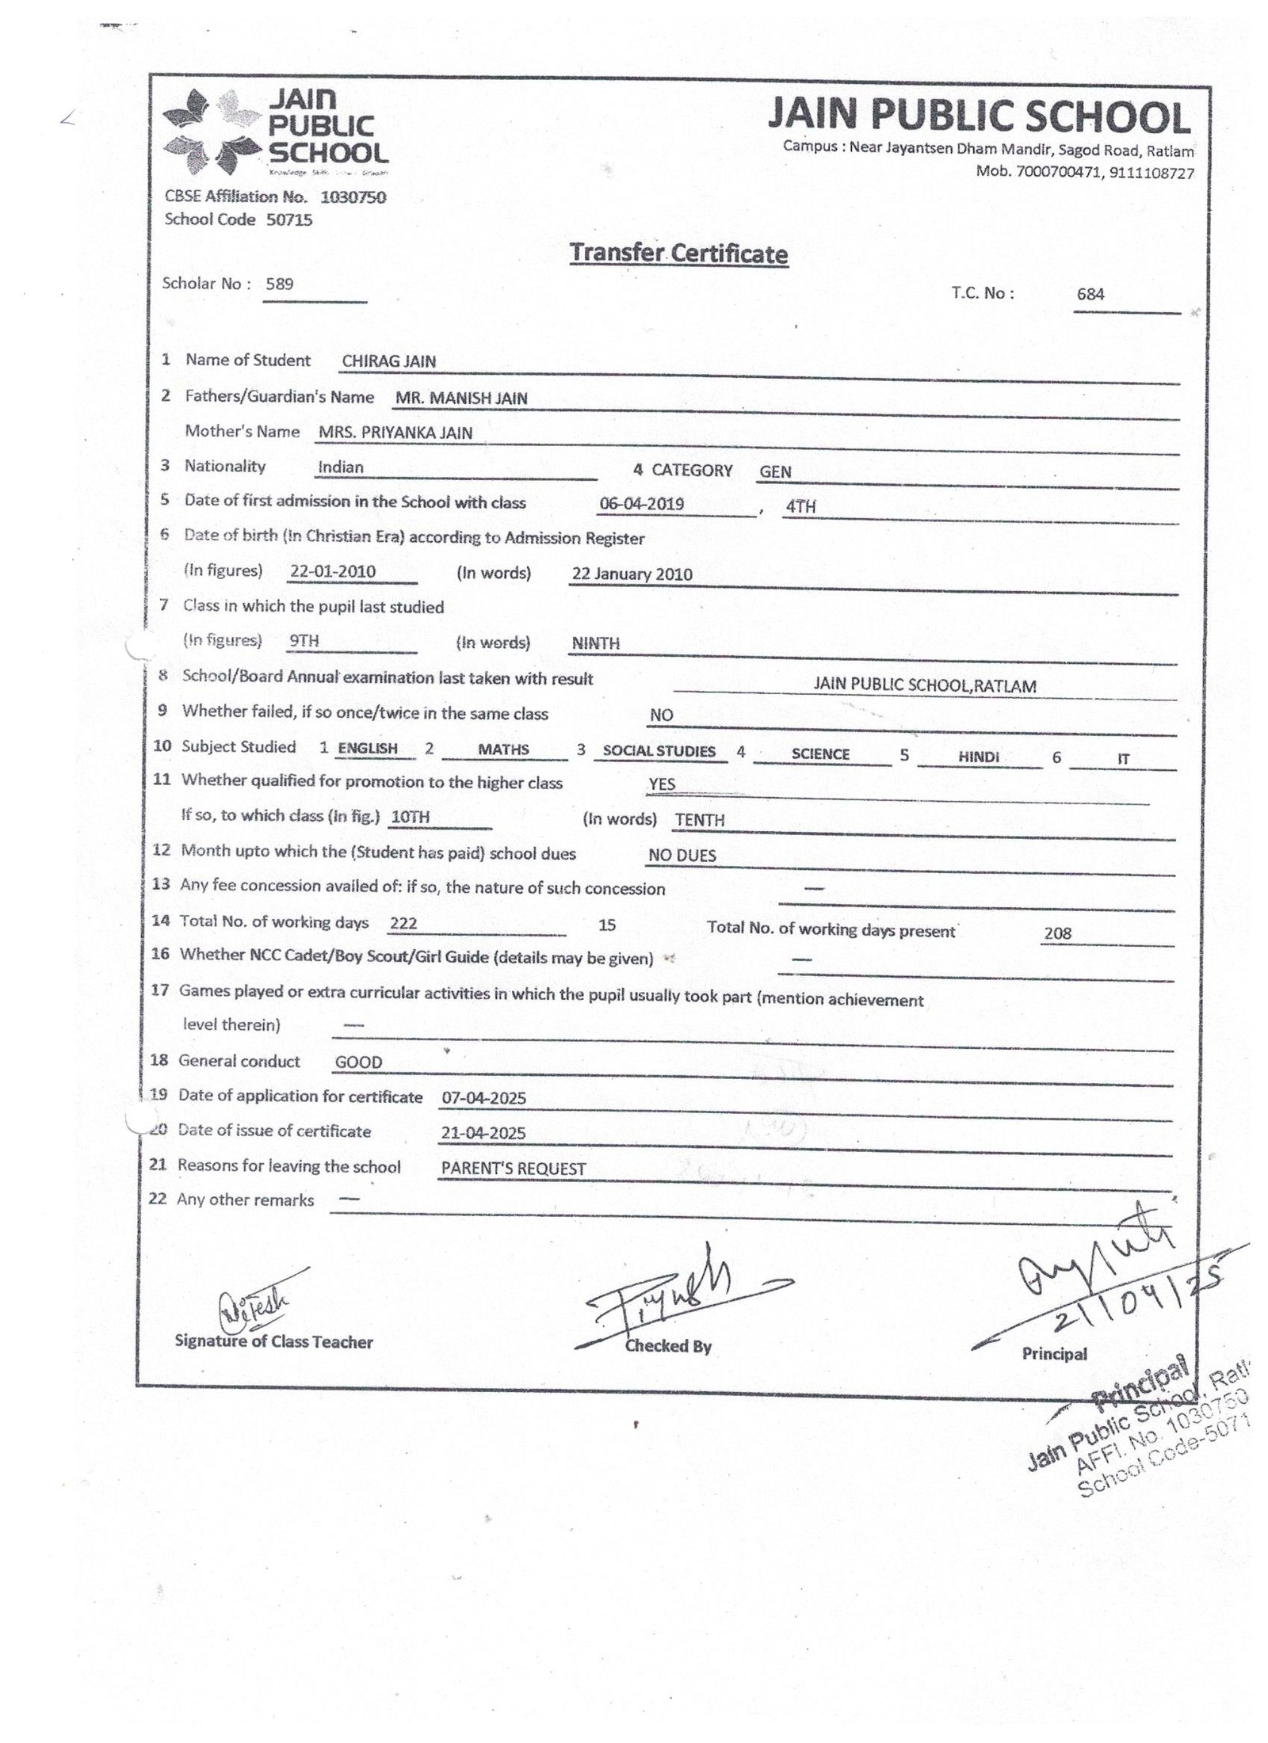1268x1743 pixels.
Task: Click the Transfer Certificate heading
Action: pos(678,254)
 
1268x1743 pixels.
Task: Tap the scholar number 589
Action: pos(280,284)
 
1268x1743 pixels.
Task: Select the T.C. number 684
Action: pos(1090,294)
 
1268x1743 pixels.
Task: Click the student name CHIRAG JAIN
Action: pos(388,361)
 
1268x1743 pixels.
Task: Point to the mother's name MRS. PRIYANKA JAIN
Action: pos(395,433)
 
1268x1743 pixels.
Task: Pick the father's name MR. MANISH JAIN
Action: pos(461,398)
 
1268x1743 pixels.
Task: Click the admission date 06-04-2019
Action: pos(642,505)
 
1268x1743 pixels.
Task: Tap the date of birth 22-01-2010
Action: pos(333,571)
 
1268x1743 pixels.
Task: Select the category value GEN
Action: pos(775,471)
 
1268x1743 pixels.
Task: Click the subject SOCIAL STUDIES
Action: pos(659,751)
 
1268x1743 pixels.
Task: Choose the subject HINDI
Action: pos(978,757)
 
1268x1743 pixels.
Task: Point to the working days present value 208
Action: pos(1057,933)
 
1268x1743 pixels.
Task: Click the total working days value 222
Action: pos(403,923)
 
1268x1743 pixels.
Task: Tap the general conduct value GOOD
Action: pos(358,1062)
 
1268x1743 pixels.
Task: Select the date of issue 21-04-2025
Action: pos(483,1133)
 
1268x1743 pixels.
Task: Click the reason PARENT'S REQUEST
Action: pos(513,1169)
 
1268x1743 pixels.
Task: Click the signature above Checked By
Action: pos(674,1299)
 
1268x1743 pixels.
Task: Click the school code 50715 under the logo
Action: pos(289,220)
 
